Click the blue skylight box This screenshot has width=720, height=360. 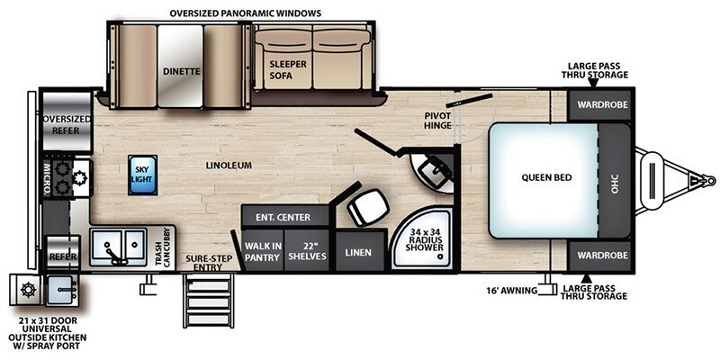(142, 175)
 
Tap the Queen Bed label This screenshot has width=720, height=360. (546, 177)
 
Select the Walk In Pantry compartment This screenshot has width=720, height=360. (262, 252)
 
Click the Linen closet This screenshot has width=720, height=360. (359, 252)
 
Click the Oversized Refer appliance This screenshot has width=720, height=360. (67, 121)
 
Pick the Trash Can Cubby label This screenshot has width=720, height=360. (163, 247)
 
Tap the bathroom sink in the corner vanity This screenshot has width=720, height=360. (434, 171)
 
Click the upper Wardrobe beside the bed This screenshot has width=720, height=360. (599, 105)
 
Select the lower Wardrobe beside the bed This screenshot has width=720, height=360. (599, 256)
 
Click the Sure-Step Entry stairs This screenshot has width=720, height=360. (209, 299)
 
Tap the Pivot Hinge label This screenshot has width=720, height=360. (437, 120)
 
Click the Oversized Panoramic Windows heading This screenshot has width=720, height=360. (245, 13)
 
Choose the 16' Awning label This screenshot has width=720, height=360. (511, 290)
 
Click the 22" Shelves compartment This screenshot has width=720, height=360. (308, 252)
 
